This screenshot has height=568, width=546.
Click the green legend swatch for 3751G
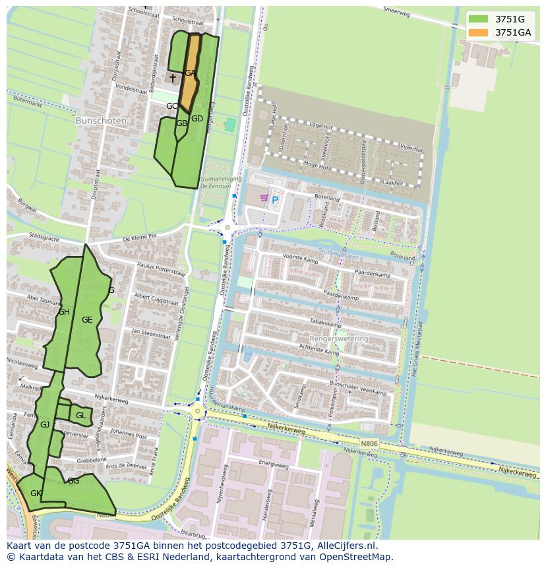[478, 19]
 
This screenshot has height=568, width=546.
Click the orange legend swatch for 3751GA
[478, 32]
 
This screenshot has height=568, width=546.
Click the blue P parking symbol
[275, 200]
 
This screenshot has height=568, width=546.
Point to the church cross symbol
[173, 79]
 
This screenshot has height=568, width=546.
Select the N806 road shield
[369, 444]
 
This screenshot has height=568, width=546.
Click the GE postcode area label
[87, 320]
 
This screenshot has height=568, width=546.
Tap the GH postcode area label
[64, 312]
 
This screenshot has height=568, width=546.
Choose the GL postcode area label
[80, 416]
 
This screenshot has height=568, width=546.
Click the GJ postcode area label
[45, 425]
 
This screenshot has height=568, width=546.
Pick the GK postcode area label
[36, 493]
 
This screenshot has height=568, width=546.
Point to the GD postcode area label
[197, 119]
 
